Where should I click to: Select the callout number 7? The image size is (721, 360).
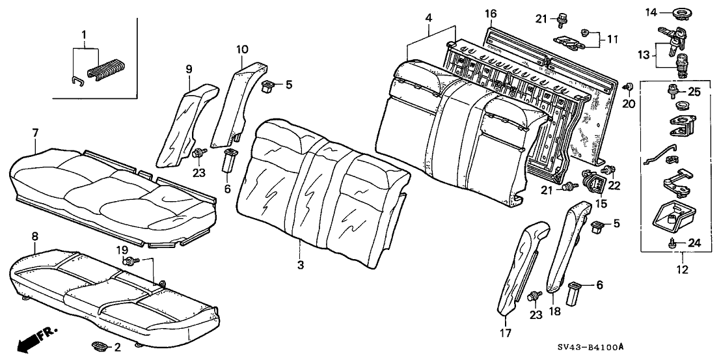[x=35, y=133]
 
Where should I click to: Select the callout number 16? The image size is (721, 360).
[x=491, y=14]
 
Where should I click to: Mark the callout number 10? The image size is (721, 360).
[x=242, y=49]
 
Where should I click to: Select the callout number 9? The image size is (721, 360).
[x=189, y=68]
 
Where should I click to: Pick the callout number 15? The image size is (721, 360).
[x=601, y=204]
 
